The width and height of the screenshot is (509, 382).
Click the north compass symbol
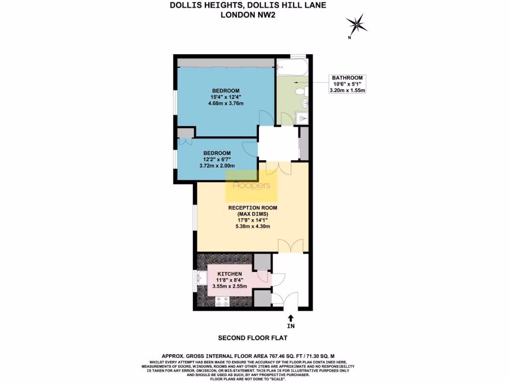(356, 24)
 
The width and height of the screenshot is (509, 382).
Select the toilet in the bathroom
(301, 92)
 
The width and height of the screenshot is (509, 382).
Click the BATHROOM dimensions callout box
(348, 84)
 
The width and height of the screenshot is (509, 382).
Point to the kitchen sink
(202, 278)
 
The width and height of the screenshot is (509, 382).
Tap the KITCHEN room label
(230, 274)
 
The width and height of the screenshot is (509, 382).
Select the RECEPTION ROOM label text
(253, 207)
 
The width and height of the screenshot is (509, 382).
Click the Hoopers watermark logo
(252, 186)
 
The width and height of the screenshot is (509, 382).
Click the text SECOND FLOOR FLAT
(252, 338)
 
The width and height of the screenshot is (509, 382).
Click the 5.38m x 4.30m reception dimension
(253, 226)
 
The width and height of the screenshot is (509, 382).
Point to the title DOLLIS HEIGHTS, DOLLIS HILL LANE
(249, 6)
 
